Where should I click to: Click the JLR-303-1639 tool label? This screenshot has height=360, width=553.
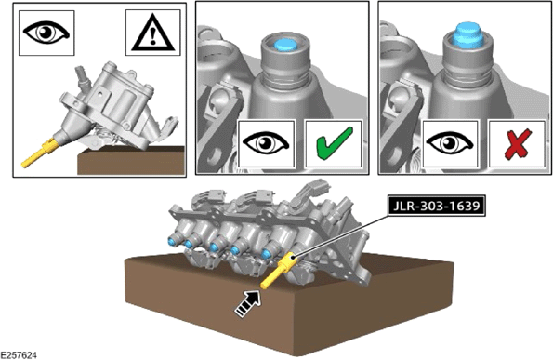coord(436,205)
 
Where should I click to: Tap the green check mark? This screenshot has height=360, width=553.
coord(334,143)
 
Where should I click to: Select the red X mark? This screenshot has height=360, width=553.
coord(518,144)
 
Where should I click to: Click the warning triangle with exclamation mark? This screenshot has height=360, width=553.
coord(152,33)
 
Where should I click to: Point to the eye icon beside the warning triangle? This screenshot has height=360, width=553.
coord(46,33)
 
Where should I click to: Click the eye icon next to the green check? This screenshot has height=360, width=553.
coord(266,143)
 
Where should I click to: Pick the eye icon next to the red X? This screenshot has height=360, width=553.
coord(450,143)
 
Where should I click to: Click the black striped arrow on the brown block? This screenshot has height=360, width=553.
coord(249,303)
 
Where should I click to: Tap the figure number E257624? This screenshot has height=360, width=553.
coord(19,355)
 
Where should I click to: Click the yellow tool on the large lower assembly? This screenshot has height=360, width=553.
coord(279,271)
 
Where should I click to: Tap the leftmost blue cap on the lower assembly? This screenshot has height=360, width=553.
coord(172,241)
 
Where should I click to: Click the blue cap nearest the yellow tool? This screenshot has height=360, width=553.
coord(267,253)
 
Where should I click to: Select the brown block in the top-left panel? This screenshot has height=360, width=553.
coord(131,161)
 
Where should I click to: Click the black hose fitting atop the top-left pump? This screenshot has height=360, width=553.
coord(82,76)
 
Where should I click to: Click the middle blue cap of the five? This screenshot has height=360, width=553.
coord(214,247)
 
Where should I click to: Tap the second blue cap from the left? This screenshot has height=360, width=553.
coord(189,244)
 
